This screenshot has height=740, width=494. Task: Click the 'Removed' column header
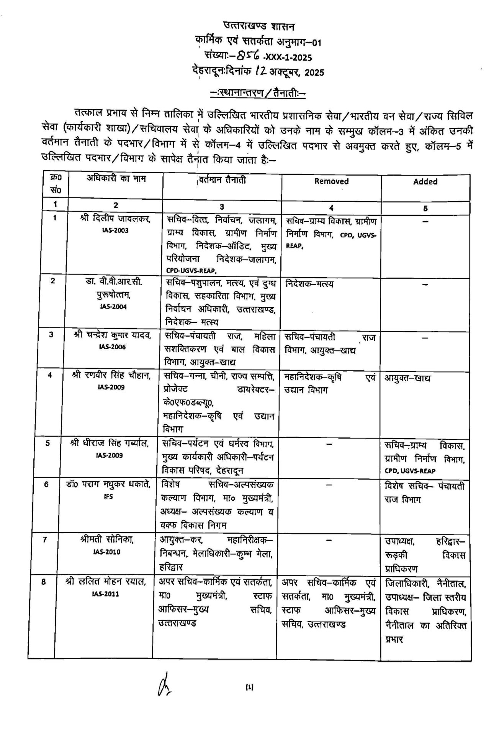coord(331,181)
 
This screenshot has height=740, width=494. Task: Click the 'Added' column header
coord(425,182)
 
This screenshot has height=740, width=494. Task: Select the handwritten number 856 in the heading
coord(248,57)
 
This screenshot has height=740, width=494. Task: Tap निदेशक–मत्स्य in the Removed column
coord(309,284)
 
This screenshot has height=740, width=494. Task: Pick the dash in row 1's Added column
coord(425,221)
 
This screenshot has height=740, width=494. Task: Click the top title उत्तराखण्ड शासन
coord(259,27)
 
